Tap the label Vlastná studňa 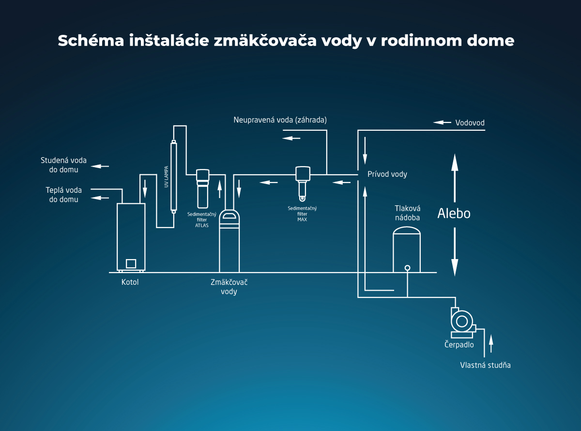point(485,365)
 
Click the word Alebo point(454,214)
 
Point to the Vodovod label point(470,123)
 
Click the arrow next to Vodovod point(442,123)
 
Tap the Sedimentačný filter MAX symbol point(303,182)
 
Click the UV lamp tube point(173,176)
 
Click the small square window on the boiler point(131,263)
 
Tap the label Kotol point(130,282)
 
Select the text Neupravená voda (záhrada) point(280,120)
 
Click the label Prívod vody point(387,174)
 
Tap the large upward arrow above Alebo point(455,177)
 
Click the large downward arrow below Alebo point(455,252)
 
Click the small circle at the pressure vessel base point(407,268)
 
